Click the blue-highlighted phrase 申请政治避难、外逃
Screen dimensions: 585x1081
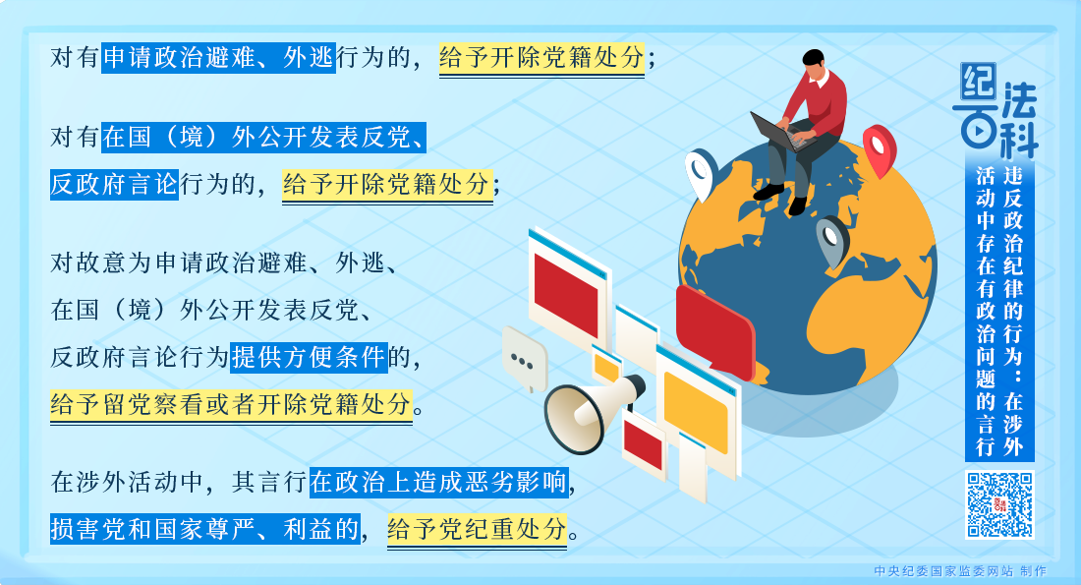coord(219,58)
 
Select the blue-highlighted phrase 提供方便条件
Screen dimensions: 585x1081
coord(309,357)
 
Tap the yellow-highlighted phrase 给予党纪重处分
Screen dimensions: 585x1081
coord(479,530)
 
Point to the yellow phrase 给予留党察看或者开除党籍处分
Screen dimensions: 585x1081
coord(231,404)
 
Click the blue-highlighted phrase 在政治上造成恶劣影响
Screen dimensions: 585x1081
coord(439,483)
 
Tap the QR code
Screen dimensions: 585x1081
coord(999,505)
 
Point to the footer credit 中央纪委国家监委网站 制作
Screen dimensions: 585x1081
coord(959,571)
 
